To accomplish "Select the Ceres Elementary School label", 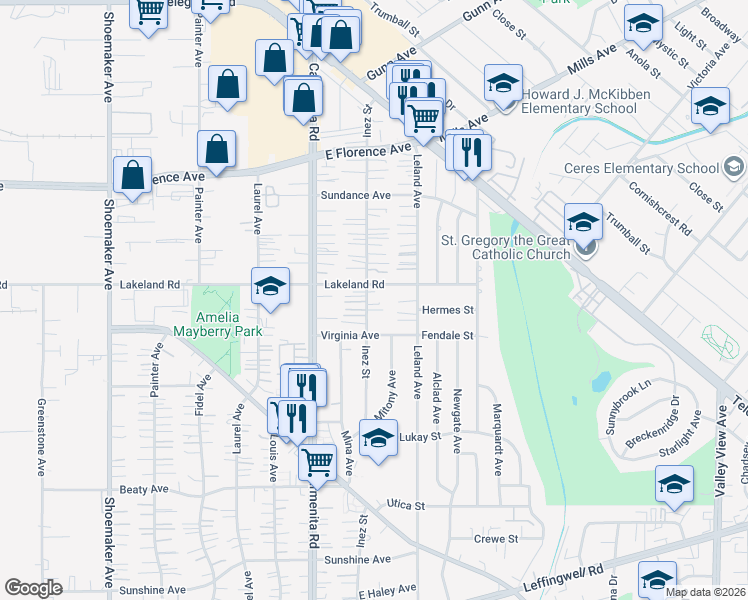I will click(641, 168).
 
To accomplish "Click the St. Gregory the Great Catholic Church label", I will click(506, 247).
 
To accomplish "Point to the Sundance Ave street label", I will click(355, 195).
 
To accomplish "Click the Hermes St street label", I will click(447, 310).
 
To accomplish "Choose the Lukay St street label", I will click(420, 437).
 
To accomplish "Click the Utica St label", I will click(406, 506).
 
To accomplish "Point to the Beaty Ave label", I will click(144, 489).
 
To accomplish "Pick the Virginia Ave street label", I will click(350, 335).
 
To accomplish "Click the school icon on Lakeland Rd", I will click(270, 286).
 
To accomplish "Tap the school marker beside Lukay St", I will click(378, 439).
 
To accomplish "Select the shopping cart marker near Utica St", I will click(317, 461).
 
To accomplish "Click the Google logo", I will click(32, 588).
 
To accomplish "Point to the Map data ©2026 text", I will click(705, 592).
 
